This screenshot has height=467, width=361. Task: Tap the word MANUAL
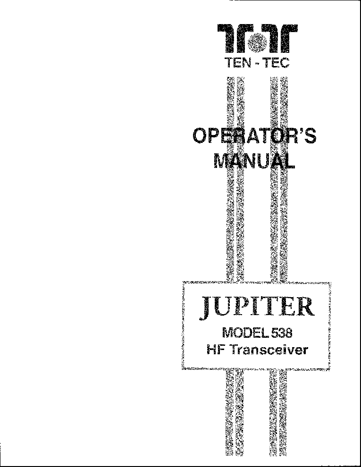[x=255, y=161]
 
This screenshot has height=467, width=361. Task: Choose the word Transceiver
[x=269, y=350]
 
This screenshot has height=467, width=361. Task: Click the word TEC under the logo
[x=277, y=63]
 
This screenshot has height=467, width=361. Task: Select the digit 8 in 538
[x=288, y=333]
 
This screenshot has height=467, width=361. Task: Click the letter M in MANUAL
[x=222, y=161]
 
